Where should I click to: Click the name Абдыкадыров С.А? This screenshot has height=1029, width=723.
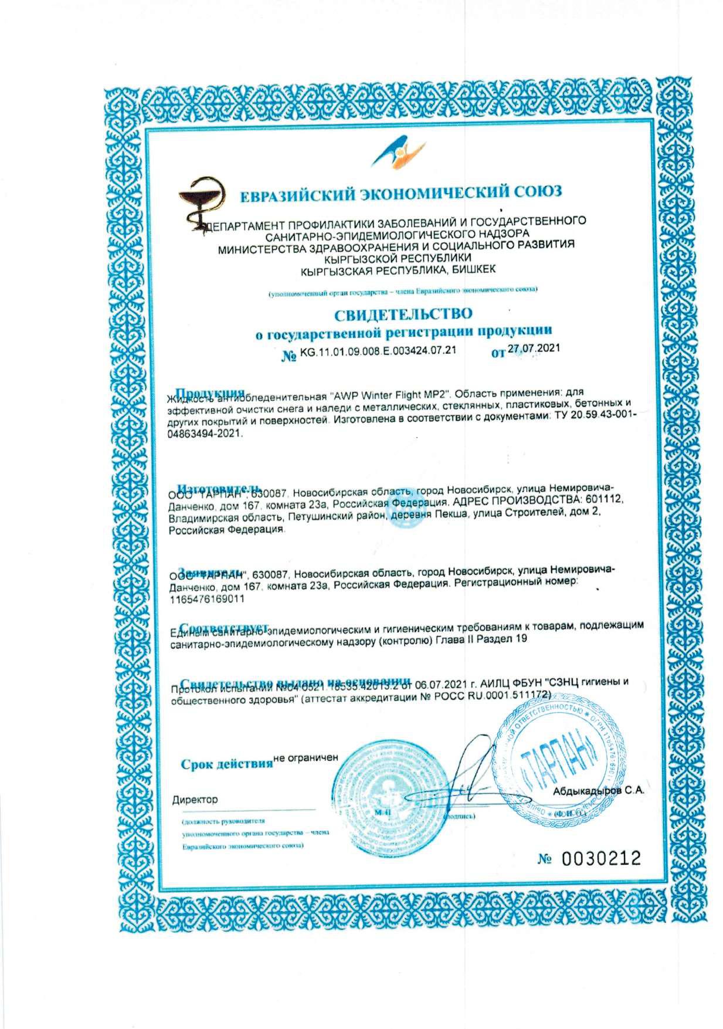coord(599,790)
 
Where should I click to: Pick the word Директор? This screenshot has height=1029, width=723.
coord(195,800)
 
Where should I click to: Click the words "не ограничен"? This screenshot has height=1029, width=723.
coord(306,757)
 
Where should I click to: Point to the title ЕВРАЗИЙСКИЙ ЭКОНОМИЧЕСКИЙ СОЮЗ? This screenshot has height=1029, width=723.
coord(401,192)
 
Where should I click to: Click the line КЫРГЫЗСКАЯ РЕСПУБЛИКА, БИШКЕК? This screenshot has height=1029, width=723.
coord(398,269)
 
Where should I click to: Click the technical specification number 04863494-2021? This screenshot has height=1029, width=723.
coord(205,435)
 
